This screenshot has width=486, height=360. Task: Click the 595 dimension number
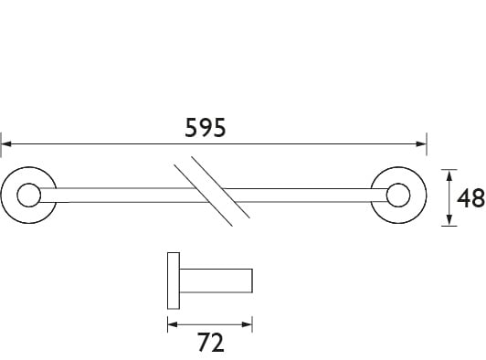[206, 128]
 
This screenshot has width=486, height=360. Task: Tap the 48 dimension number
[470, 198]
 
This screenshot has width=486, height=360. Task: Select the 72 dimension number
[211, 343]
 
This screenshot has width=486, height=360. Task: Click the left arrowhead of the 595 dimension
[6, 143]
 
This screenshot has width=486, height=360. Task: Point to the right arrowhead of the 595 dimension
[421, 143]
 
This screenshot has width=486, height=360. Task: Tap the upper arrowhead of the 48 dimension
[449, 175]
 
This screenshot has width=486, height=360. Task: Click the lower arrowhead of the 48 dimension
[449, 220]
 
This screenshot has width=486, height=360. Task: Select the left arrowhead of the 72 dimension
[173, 324]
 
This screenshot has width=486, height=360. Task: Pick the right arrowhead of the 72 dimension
[247, 324]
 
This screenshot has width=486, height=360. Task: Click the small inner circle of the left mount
[29, 184]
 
